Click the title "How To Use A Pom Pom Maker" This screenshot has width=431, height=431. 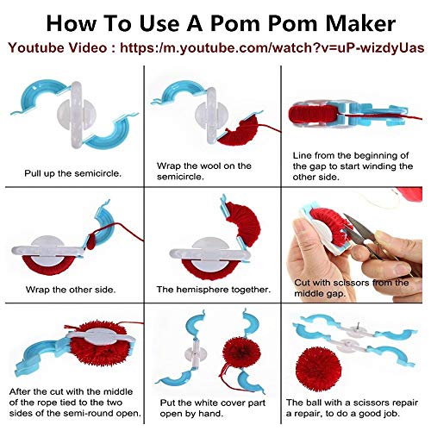[215, 19]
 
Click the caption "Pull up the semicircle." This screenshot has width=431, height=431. [73, 172]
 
